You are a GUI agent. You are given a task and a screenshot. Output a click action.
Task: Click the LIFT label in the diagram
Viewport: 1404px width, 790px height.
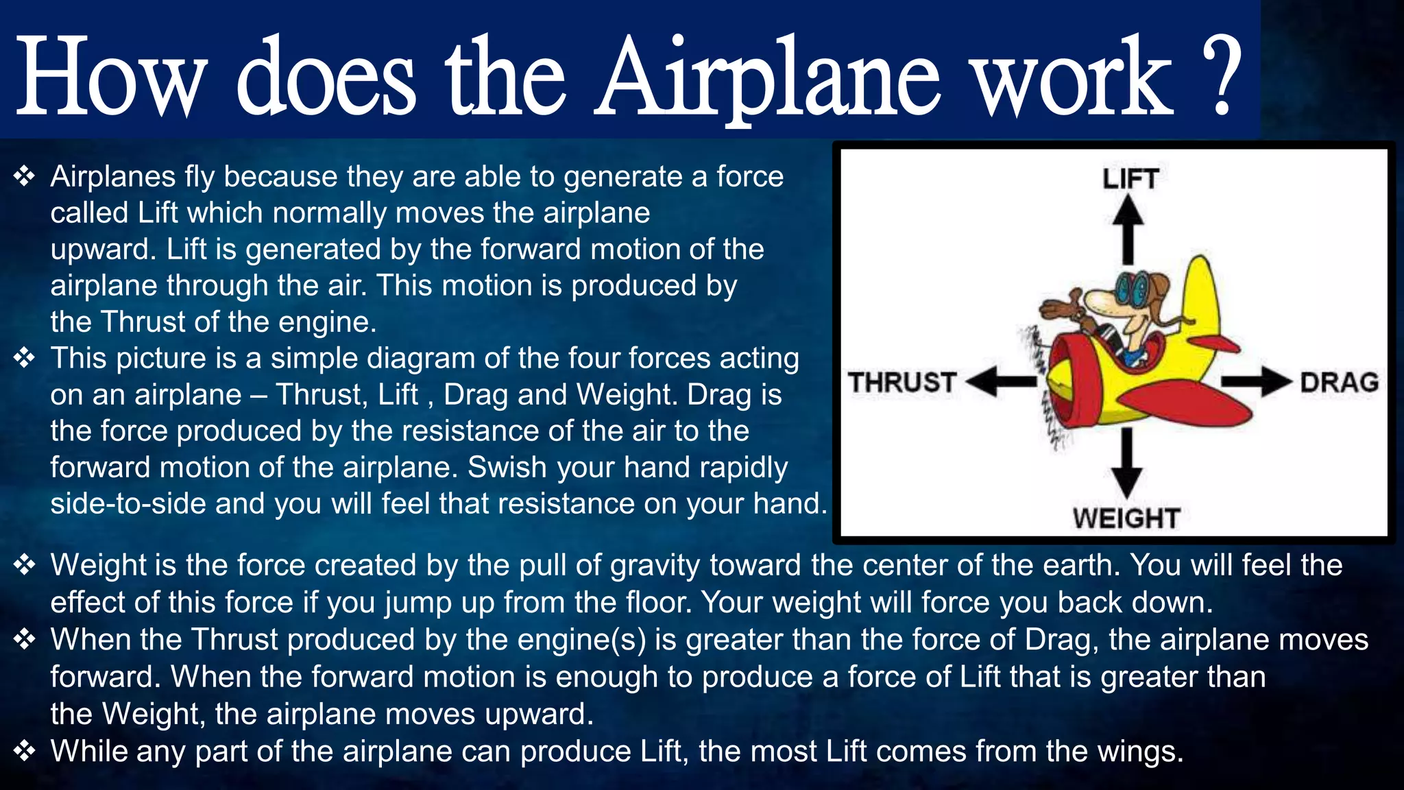1130,179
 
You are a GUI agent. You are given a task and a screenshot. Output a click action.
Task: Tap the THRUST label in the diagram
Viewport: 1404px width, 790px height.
902,382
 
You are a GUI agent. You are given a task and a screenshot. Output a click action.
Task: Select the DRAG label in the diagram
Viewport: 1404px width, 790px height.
1339,382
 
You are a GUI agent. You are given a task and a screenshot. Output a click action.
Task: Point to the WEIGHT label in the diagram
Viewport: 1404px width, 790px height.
1126,518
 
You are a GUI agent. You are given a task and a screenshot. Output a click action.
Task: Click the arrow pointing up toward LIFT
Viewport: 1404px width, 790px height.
1128,230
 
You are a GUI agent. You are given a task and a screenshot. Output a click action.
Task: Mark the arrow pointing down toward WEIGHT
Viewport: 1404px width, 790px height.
1126,463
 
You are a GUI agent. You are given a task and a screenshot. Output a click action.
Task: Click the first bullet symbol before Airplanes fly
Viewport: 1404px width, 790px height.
24,177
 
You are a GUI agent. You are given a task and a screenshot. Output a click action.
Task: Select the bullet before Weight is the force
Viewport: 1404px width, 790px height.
24,565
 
